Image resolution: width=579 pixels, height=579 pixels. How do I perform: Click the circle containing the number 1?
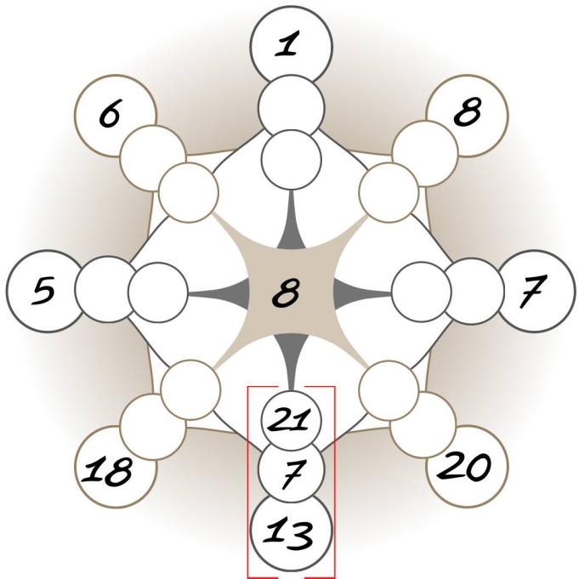(x=290, y=44)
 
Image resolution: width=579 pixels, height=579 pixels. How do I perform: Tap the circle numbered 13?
(x=290, y=535)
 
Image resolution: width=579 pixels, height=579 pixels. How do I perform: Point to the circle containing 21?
(x=290, y=418)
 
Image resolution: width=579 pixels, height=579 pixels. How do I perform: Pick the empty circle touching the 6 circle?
(x=152, y=155)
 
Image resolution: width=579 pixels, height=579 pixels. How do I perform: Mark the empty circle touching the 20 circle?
(x=427, y=428)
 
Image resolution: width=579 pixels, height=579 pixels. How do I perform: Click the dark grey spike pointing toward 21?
(x=290, y=357)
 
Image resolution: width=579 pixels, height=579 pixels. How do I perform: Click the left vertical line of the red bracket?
(x=248, y=480)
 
